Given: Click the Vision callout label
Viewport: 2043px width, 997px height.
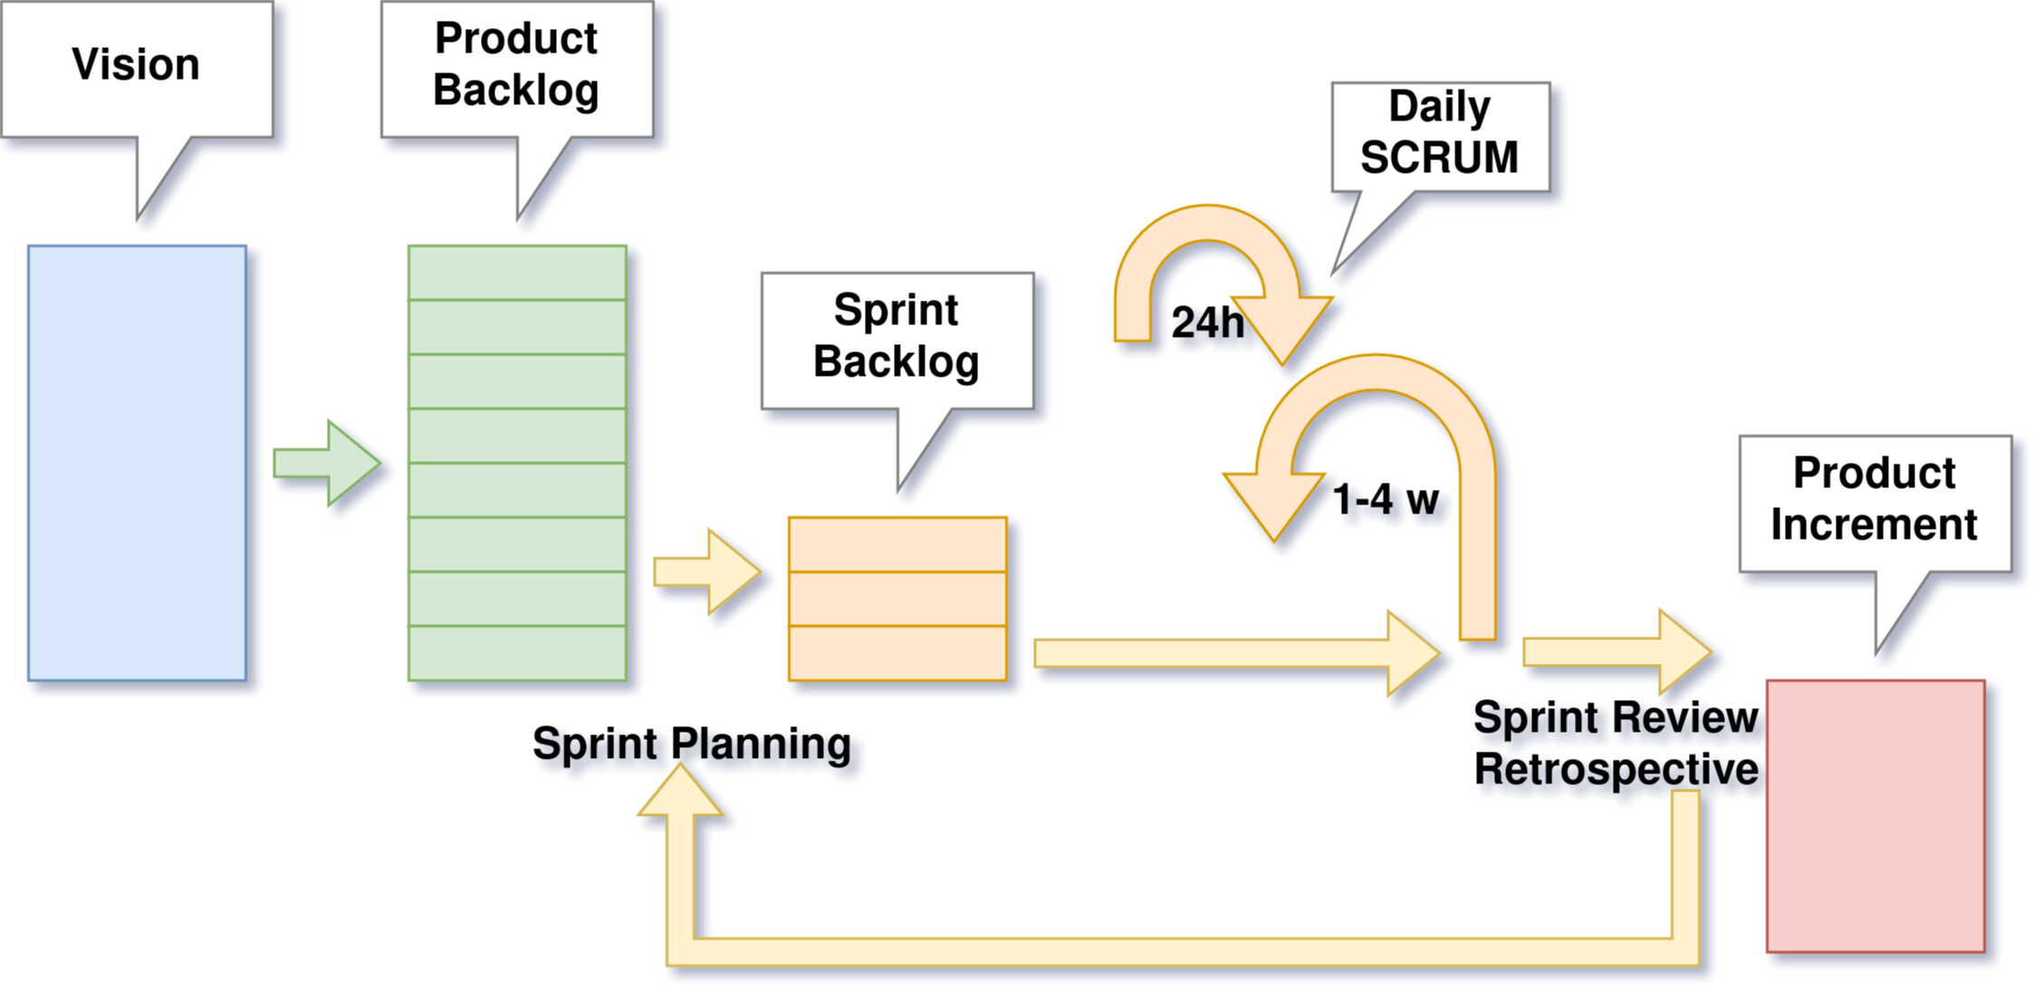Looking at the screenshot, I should [x=136, y=65].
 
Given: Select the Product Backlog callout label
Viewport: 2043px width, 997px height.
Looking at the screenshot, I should [x=516, y=64].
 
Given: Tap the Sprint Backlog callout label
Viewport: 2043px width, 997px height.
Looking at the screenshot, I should [x=897, y=336].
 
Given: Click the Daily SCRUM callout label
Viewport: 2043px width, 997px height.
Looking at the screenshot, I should [x=1439, y=132].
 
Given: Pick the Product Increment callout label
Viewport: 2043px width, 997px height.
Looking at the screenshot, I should [x=1874, y=499].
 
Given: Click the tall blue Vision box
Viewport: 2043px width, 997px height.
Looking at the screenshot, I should [x=137, y=463].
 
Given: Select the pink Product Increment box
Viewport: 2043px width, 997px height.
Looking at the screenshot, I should [x=1875, y=816].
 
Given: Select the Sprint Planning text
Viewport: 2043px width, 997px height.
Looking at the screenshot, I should [x=694, y=745].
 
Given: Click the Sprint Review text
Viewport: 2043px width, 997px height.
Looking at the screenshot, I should [x=1617, y=719].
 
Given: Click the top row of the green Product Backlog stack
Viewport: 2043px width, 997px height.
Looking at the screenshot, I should [x=517, y=273].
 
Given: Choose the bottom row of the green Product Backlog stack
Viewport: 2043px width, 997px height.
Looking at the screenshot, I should [x=517, y=653].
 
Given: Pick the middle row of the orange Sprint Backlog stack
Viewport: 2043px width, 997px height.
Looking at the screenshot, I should [x=897, y=599].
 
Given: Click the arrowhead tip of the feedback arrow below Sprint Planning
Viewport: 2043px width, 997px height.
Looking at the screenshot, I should [x=681, y=770].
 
